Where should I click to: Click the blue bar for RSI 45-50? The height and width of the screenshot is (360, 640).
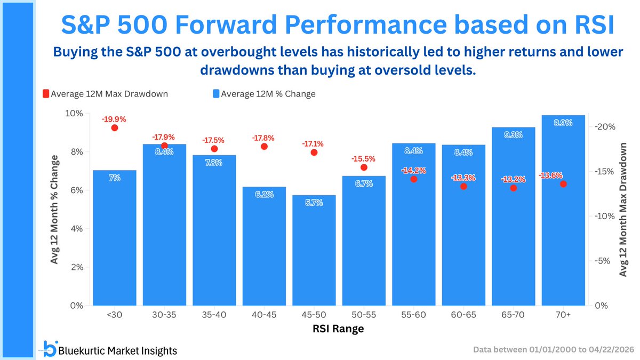314,251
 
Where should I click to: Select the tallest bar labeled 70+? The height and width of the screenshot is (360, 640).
563,213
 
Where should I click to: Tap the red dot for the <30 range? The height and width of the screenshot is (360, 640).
115,127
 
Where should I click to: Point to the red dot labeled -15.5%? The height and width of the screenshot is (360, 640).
364,167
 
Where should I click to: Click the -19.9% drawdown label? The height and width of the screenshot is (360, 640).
115,119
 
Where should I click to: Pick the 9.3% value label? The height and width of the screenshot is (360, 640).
513,135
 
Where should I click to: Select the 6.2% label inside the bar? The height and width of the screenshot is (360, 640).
264,195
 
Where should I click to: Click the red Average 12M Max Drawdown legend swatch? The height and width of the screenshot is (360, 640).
45,94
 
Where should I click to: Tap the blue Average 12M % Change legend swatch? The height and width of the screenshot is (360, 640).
215,94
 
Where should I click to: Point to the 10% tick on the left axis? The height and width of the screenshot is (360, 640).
74,114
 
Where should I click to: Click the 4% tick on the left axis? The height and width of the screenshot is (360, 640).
76,229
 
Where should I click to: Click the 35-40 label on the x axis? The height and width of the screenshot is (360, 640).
214,315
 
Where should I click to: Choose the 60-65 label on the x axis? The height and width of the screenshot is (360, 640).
463,315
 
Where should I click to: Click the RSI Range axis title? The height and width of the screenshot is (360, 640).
338,329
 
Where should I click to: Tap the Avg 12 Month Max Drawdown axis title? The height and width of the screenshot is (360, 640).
623,209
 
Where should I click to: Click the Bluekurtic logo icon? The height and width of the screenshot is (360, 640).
50,349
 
